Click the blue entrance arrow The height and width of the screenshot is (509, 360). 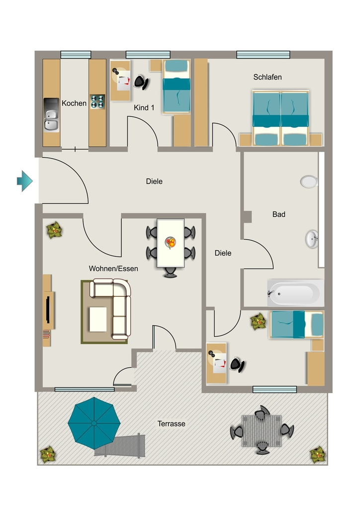coord(25,181)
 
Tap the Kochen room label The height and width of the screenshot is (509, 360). coord(74,103)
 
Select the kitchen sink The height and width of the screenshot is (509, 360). coord(51,115)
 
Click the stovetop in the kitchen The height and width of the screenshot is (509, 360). coord(97,101)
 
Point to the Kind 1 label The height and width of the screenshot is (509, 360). coord(144,107)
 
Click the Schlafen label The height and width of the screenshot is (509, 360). coord(268,77)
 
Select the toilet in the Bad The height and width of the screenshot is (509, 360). coord(309,181)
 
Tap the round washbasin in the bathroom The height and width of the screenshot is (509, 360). coord(312,239)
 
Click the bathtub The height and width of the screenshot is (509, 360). coord(295,293)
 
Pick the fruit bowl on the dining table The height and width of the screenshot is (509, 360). coord(171,242)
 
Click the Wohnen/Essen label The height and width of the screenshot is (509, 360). coord(113,269)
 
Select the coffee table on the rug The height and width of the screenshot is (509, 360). coord(98,320)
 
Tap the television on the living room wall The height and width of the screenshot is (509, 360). coord(48,310)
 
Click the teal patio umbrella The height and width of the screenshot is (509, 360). coord(94,424)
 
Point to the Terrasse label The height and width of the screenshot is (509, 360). coord(172,424)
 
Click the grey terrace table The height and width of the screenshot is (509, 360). coord(262,431)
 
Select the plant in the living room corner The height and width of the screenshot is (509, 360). coord(54,230)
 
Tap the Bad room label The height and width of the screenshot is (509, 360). coord(279,214)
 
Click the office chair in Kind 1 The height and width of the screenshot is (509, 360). coord(141,82)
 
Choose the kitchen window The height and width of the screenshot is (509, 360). coord(76,55)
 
